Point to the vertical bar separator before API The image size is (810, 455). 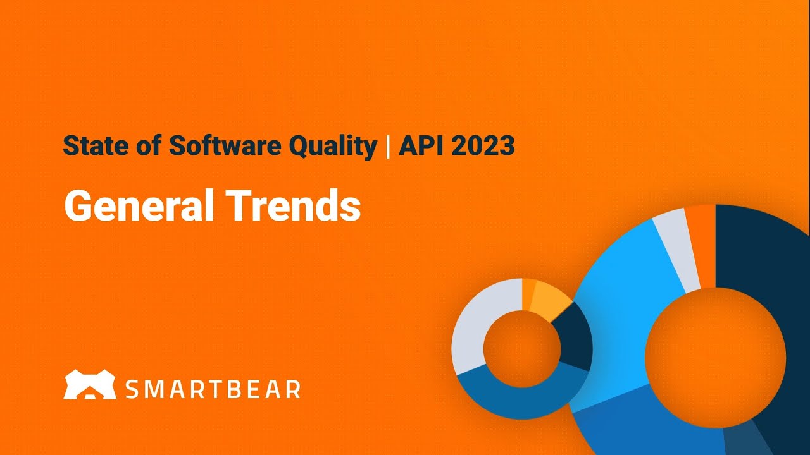click(387, 147)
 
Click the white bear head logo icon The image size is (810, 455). click(90, 385)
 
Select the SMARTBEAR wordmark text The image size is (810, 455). click(213, 389)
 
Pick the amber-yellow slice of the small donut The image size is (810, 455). click(547, 300)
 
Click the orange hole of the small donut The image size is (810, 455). click(522, 349)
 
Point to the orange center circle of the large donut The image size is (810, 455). click(715, 358)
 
